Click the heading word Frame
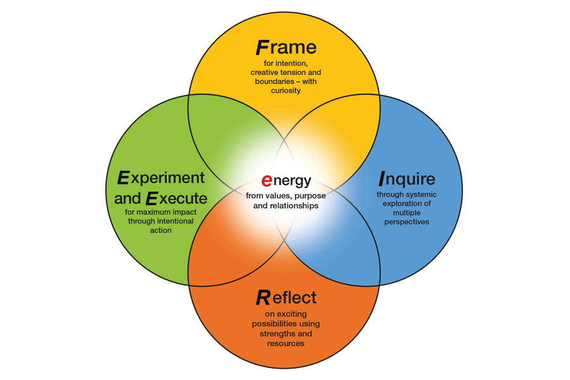point(286,47)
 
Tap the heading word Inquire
point(407,179)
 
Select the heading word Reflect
point(286,297)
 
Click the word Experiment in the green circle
point(161,178)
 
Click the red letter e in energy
point(267,182)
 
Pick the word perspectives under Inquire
point(406,222)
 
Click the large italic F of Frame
point(262,47)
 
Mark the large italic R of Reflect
point(263,297)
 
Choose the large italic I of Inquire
point(382,179)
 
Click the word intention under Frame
point(296,63)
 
